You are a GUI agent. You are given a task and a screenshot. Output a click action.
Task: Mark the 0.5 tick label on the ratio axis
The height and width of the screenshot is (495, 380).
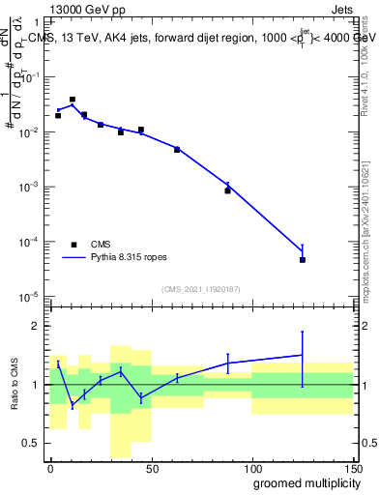[32, 443]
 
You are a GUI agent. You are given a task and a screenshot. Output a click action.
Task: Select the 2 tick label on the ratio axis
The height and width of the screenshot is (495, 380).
[37, 326]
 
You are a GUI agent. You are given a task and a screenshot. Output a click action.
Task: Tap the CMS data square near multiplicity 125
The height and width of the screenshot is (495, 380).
[303, 260]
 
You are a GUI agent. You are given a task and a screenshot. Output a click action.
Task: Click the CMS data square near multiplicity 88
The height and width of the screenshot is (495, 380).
[228, 190]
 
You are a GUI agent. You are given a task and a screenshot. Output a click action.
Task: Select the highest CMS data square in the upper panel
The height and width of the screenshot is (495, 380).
[73, 100]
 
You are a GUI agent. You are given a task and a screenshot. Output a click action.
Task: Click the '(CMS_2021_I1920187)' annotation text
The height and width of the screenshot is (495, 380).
[200, 288]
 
